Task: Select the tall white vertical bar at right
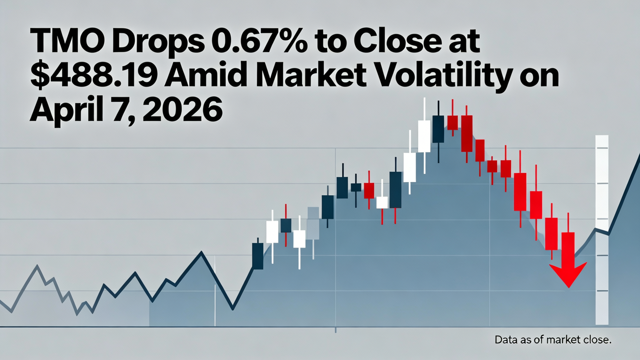click(x=601, y=230)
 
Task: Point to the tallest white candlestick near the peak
click(x=424, y=136)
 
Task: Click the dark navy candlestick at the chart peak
click(x=438, y=129)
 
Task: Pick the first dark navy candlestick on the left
click(x=257, y=256)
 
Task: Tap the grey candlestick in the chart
click(x=313, y=223)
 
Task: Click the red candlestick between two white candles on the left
click(x=285, y=225)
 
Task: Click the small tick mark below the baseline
click(x=335, y=330)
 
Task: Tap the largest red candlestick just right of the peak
click(x=466, y=133)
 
